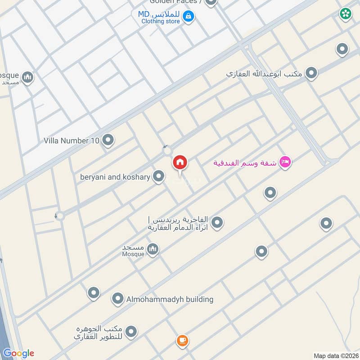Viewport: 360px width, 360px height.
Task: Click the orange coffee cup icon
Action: (x=182, y=340)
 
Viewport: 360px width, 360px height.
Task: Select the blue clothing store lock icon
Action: (x=189, y=17)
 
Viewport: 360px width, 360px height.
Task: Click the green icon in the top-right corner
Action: (x=346, y=14)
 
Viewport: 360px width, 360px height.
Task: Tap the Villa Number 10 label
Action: (x=71, y=141)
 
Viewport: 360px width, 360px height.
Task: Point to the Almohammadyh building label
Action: (x=170, y=299)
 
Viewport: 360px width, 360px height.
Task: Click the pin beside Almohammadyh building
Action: (x=117, y=299)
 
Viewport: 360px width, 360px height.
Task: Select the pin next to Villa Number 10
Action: (x=108, y=141)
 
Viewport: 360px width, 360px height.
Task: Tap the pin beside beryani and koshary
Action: (x=158, y=177)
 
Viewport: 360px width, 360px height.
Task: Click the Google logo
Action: (x=18, y=353)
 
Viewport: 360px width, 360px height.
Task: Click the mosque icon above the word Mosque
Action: (x=153, y=249)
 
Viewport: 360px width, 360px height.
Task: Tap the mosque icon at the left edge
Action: (x=28, y=78)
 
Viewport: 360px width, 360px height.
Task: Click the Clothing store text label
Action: (x=160, y=21)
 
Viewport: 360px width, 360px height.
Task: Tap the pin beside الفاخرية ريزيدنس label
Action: (x=217, y=222)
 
